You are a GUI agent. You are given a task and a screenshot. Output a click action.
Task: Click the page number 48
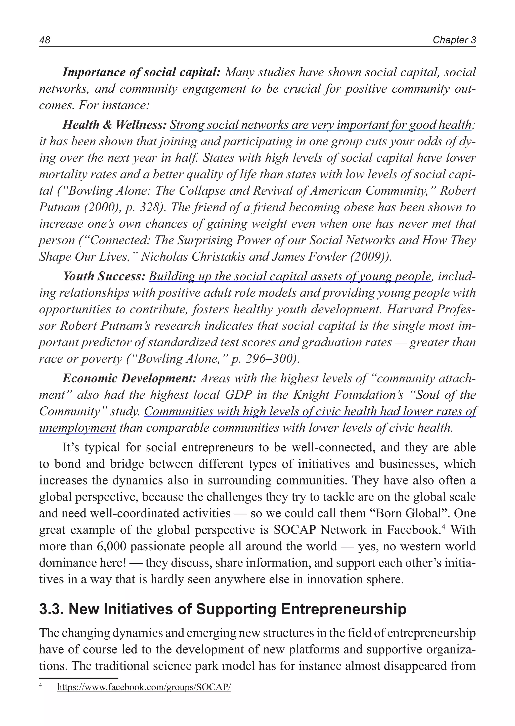click(45, 40)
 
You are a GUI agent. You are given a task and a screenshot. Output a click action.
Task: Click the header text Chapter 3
click(454, 40)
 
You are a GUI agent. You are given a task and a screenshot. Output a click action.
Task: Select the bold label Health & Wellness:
click(114, 125)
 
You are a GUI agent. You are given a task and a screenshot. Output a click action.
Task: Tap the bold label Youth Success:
click(104, 276)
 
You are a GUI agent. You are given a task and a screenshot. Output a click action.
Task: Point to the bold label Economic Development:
click(130, 378)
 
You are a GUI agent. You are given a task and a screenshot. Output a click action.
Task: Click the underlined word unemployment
click(77, 428)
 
